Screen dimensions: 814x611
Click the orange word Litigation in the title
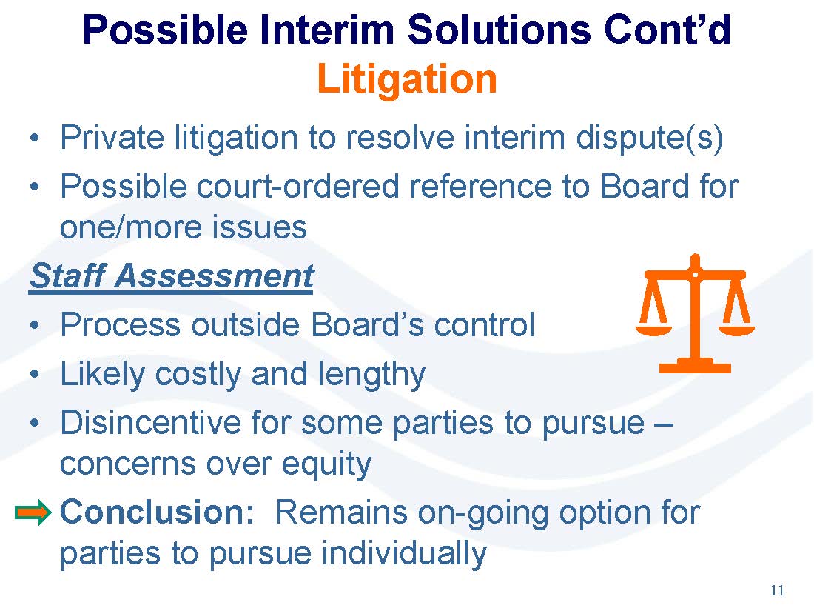[x=407, y=79]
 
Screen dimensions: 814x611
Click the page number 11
[x=777, y=591]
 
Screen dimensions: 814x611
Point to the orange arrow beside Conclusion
[x=33, y=512]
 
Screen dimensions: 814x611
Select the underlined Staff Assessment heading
[x=172, y=276]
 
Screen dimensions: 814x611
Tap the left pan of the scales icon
[x=653, y=330]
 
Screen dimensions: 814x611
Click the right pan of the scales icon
[x=736, y=330]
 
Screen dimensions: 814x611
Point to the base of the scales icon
[x=695, y=367]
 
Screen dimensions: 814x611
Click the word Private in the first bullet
[x=112, y=138]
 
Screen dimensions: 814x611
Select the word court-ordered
[x=297, y=187]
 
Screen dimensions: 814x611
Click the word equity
[x=326, y=464]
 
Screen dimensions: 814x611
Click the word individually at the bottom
[x=404, y=553]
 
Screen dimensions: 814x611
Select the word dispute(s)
[x=650, y=138]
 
